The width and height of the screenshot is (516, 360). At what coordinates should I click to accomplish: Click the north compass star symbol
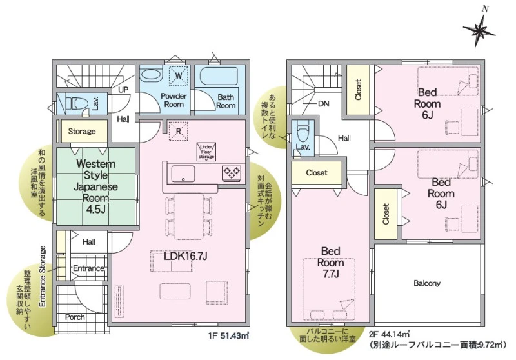coord(479,30)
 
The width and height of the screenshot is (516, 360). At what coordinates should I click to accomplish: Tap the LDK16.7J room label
coord(186,256)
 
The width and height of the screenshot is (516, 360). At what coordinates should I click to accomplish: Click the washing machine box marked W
coord(179,75)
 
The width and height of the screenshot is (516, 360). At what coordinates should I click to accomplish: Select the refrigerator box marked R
coord(179,131)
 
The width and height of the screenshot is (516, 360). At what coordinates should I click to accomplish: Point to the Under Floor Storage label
coord(206,152)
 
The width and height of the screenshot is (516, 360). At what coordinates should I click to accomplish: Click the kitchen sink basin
coord(183,174)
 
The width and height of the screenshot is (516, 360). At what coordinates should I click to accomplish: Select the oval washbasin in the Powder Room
coord(151,74)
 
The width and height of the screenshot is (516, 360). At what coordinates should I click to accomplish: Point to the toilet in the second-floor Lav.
coord(303,132)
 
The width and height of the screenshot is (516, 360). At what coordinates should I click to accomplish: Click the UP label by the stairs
coord(123,90)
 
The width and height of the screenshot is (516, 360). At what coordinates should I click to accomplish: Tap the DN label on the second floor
coord(324,104)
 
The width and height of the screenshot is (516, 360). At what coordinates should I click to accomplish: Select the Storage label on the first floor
coord(82,132)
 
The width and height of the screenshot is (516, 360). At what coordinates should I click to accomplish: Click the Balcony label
coord(427,283)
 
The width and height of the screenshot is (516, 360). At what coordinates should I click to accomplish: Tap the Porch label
coord(75,317)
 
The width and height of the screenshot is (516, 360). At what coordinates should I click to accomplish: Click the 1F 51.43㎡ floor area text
coord(228,335)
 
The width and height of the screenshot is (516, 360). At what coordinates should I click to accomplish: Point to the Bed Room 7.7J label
coord(331,263)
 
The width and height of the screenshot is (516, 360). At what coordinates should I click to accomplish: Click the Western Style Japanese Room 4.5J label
coord(95,186)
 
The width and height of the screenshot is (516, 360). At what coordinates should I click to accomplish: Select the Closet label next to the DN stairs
coord(359,90)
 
